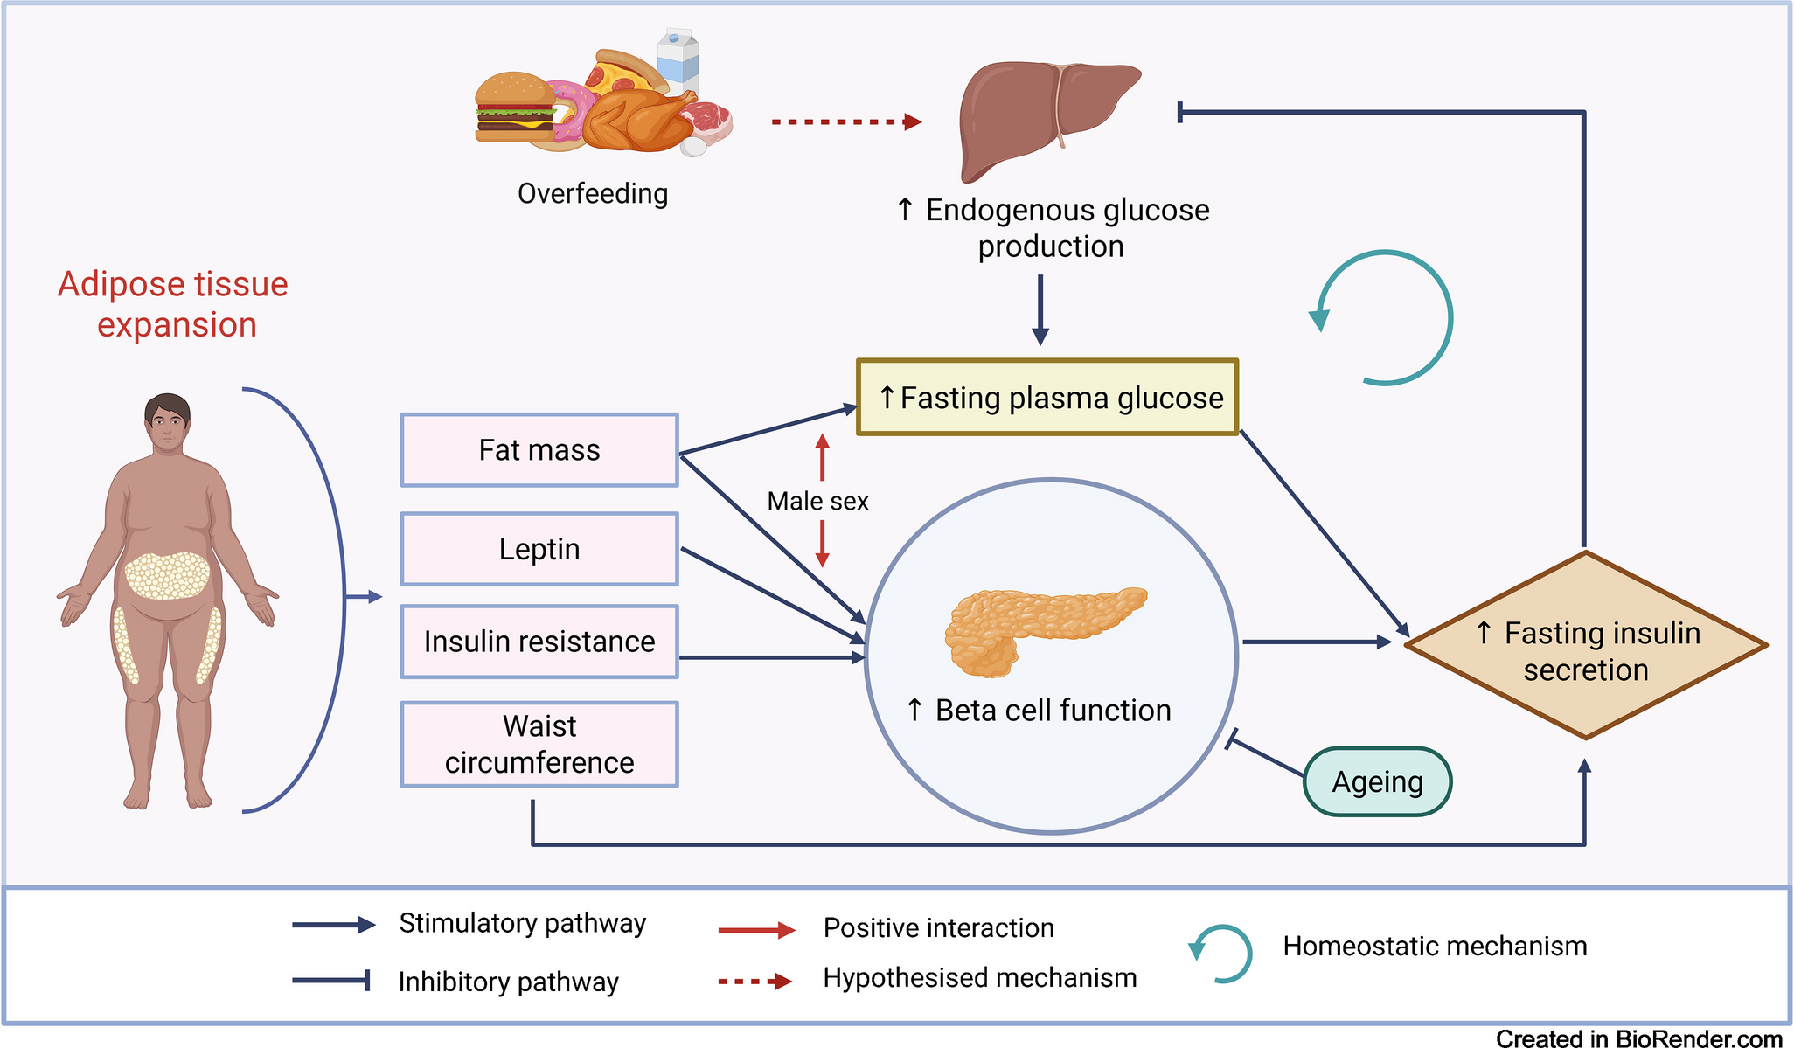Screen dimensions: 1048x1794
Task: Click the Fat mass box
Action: (x=539, y=450)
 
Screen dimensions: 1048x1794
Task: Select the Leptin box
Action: (x=539, y=549)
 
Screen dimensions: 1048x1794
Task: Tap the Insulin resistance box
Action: (x=539, y=642)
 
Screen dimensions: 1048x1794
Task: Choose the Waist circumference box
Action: (x=539, y=744)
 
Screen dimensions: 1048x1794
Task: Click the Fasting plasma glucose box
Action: (x=1047, y=398)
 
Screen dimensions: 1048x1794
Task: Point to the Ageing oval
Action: (x=1377, y=781)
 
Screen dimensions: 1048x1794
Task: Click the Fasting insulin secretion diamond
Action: (x=1585, y=647)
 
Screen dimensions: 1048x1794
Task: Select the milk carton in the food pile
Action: (x=678, y=59)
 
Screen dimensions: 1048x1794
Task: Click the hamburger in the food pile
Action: (x=514, y=108)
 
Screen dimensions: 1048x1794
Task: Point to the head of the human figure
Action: (x=168, y=422)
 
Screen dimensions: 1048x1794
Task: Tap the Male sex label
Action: (x=817, y=501)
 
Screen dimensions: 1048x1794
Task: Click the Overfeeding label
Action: (x=593, y=193)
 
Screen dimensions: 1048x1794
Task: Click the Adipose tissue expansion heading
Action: (x=174, y=304)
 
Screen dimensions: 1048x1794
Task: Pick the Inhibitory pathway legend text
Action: (x=508, y=982)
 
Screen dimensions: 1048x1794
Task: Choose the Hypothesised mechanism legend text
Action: (x=979, y=977)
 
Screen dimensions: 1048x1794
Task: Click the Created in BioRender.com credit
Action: (x=1638, y=1038)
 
